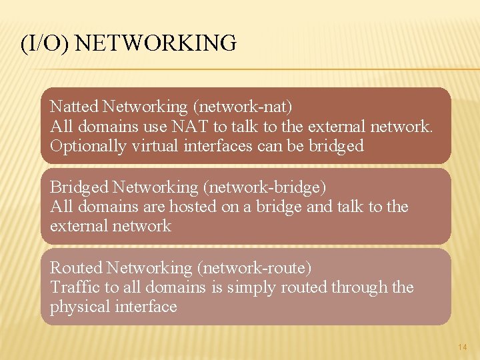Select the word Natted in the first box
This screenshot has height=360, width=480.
coord(74,107)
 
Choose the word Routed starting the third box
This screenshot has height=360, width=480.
coord(76,268)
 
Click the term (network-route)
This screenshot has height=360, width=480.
coord(254,268)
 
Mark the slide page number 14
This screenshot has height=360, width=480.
coord(463,347)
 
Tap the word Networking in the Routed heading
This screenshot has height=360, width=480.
coord(149,268)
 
